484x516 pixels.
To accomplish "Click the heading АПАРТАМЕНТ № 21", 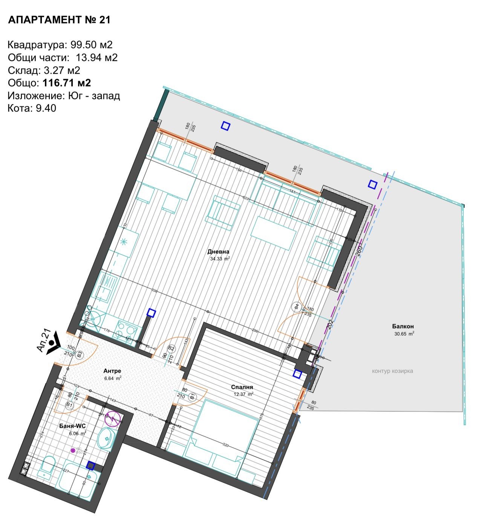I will click(x=59, y=20).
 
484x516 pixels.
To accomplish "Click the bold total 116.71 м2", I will click(x=67, y=83).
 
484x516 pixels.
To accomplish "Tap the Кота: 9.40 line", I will click(x=32, y=108).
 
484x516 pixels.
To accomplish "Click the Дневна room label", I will click(x=218, y=252).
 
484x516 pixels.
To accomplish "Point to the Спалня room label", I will click(x=242, y=387).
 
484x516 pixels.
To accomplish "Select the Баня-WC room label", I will click(x=72, y=426).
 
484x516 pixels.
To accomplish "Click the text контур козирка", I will click(x=392, y=371).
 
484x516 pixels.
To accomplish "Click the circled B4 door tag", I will click(x=297, y=307).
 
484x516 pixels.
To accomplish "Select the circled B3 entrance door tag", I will click(x=80, y=355).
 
